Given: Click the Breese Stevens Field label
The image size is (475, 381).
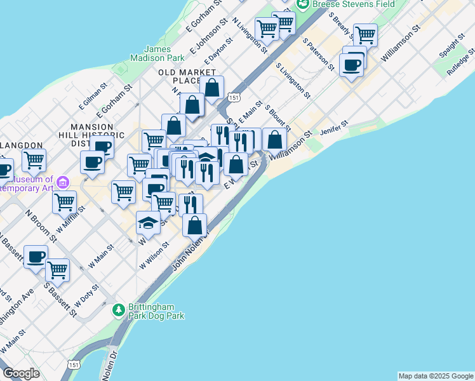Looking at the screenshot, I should click(x=345, y=4).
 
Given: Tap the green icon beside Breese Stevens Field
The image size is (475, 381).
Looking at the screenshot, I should click(x=302, y=4).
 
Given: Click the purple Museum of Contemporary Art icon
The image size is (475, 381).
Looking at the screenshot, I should click(x=62, y=183).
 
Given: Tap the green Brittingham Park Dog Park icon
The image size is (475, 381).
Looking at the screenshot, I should click(x=118, y=310).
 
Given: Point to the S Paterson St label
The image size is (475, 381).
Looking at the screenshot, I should click(x=318, y=53).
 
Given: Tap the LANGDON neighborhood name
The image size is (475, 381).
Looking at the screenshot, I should click(x=21, y=145).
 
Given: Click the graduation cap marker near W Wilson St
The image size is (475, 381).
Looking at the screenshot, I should click(x=148, y=222).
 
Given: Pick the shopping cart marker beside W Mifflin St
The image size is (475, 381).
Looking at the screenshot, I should click(x=64, y=202).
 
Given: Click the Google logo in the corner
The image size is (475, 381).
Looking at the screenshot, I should click(x=21, y=373).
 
